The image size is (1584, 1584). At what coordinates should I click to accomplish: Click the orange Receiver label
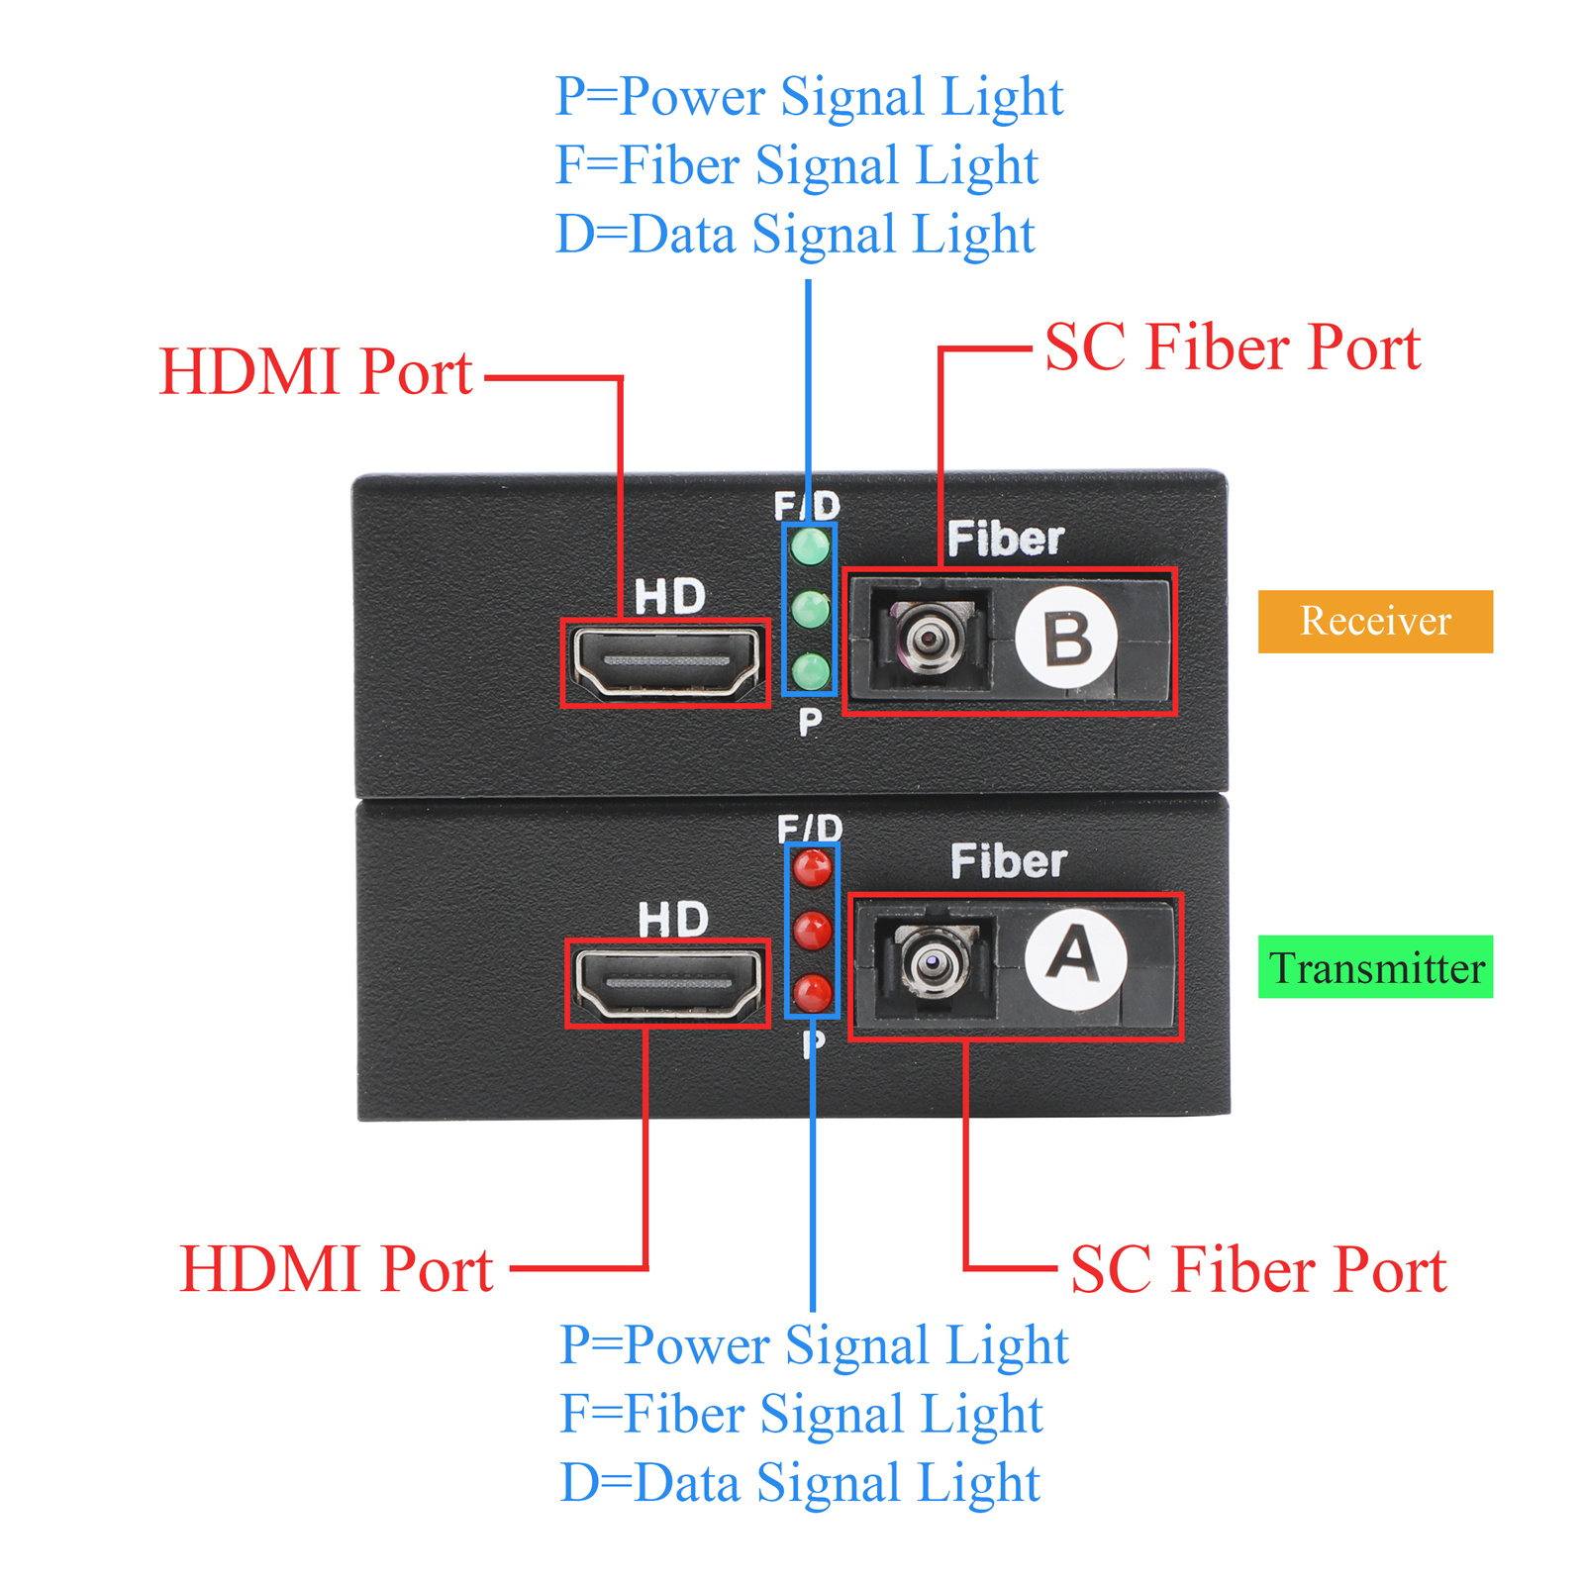coord(1374,621)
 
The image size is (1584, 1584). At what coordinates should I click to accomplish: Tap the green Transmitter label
coord(1374,967)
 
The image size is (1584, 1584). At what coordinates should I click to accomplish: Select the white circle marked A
coord(1074,957)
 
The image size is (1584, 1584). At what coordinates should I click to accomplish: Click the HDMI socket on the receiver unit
coord(665,661)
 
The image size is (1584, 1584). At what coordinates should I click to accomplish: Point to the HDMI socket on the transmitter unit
coord(667,983)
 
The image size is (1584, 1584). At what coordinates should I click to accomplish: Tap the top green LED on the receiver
coord(810,545)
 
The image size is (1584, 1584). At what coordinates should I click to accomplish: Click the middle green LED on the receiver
coord(810,609)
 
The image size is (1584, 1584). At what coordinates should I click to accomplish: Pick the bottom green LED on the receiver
coord(810,670)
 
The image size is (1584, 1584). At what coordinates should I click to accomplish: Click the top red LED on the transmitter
coord(812,868)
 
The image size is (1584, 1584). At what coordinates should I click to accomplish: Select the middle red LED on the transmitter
coord(812,931)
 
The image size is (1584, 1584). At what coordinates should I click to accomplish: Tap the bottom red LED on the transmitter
coord(812,992)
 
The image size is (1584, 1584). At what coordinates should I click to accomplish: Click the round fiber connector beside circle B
coord(927,639)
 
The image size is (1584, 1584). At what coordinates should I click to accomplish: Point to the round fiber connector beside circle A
coord(933,959)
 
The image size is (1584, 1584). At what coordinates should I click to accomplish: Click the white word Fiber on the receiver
coord(1005,540)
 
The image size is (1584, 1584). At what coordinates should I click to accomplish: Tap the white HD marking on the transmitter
coord(673,920)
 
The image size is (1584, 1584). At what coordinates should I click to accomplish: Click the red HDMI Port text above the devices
coord(316,372)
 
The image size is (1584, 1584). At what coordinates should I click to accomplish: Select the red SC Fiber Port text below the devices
coord(1258,1269)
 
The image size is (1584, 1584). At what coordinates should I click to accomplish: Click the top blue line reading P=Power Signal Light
coord(809,97)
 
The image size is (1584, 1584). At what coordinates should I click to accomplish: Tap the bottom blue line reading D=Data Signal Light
coord(800,1483)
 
